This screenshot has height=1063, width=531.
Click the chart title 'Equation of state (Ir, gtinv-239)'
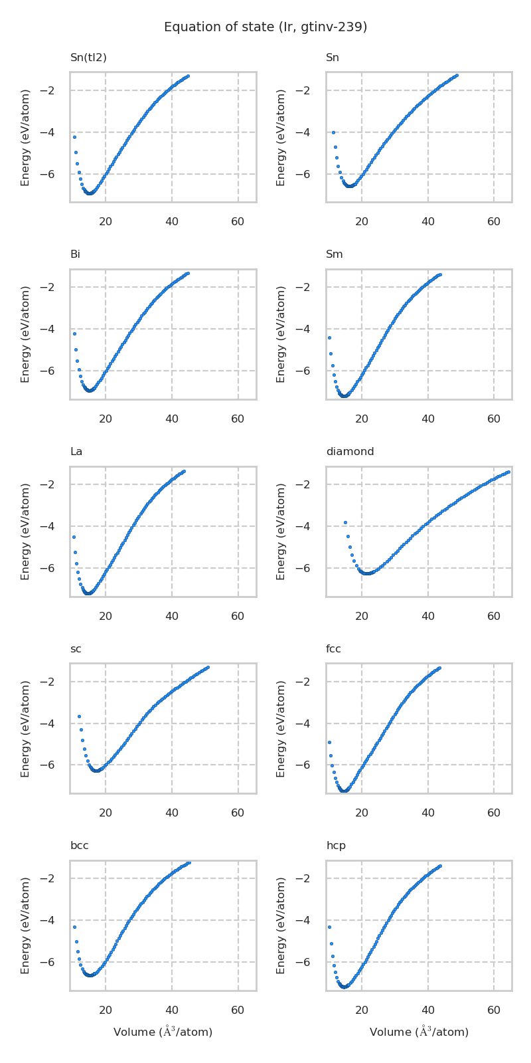[x=265, y=27]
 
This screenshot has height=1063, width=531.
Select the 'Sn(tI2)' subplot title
[x=88, y=58]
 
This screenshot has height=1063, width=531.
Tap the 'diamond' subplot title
[x=350, y=452]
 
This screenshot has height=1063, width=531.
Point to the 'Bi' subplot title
[x=75, y=254]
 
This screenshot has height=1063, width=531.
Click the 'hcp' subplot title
[x=336, y=846]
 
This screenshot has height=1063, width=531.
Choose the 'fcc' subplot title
[x=333, y=649]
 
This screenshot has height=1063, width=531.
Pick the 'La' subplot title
[x=76, y=452]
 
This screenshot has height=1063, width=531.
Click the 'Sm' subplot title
[x=335, y=254]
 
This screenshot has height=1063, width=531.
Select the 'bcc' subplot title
[x=80, y=846]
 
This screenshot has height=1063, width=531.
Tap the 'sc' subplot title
[x=76, y=649]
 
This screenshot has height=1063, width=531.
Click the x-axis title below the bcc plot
[x=163, y=1032]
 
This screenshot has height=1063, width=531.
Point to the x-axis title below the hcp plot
[x=419, y=1032]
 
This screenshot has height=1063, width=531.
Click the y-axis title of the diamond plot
[x=281, y=531]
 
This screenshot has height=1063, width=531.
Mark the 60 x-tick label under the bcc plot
[x=238, y=1011]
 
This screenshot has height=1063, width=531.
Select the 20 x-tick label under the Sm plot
[x=362, y=419]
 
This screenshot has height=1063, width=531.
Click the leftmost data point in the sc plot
[x=79, y=716]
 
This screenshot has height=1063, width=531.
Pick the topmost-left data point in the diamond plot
[x=345, y=522]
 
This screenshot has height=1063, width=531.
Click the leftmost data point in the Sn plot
[x=333, y=132]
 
